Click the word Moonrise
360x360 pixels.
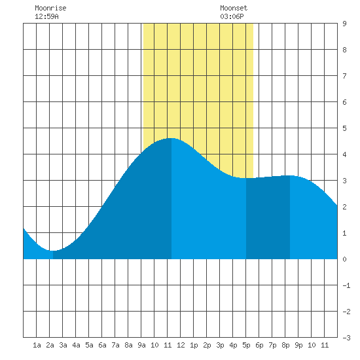50,8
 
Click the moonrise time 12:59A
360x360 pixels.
46,16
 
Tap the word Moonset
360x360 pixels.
234,8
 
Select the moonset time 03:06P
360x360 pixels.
232,16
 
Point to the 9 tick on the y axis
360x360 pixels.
344,24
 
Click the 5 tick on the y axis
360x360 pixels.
344,128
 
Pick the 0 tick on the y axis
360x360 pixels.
344,259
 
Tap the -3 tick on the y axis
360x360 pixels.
346,338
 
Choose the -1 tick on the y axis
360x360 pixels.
346,285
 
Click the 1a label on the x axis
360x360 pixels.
37,345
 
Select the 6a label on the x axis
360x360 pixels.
102,345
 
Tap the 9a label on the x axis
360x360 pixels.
141,345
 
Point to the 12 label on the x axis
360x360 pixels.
181,345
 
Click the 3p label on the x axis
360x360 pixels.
220,345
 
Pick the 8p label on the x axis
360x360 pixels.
285,345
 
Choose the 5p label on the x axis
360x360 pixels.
246,345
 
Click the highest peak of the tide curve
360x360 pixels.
171,138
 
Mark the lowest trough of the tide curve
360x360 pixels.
52,251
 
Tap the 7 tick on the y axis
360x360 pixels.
344,76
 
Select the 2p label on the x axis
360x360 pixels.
207,345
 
